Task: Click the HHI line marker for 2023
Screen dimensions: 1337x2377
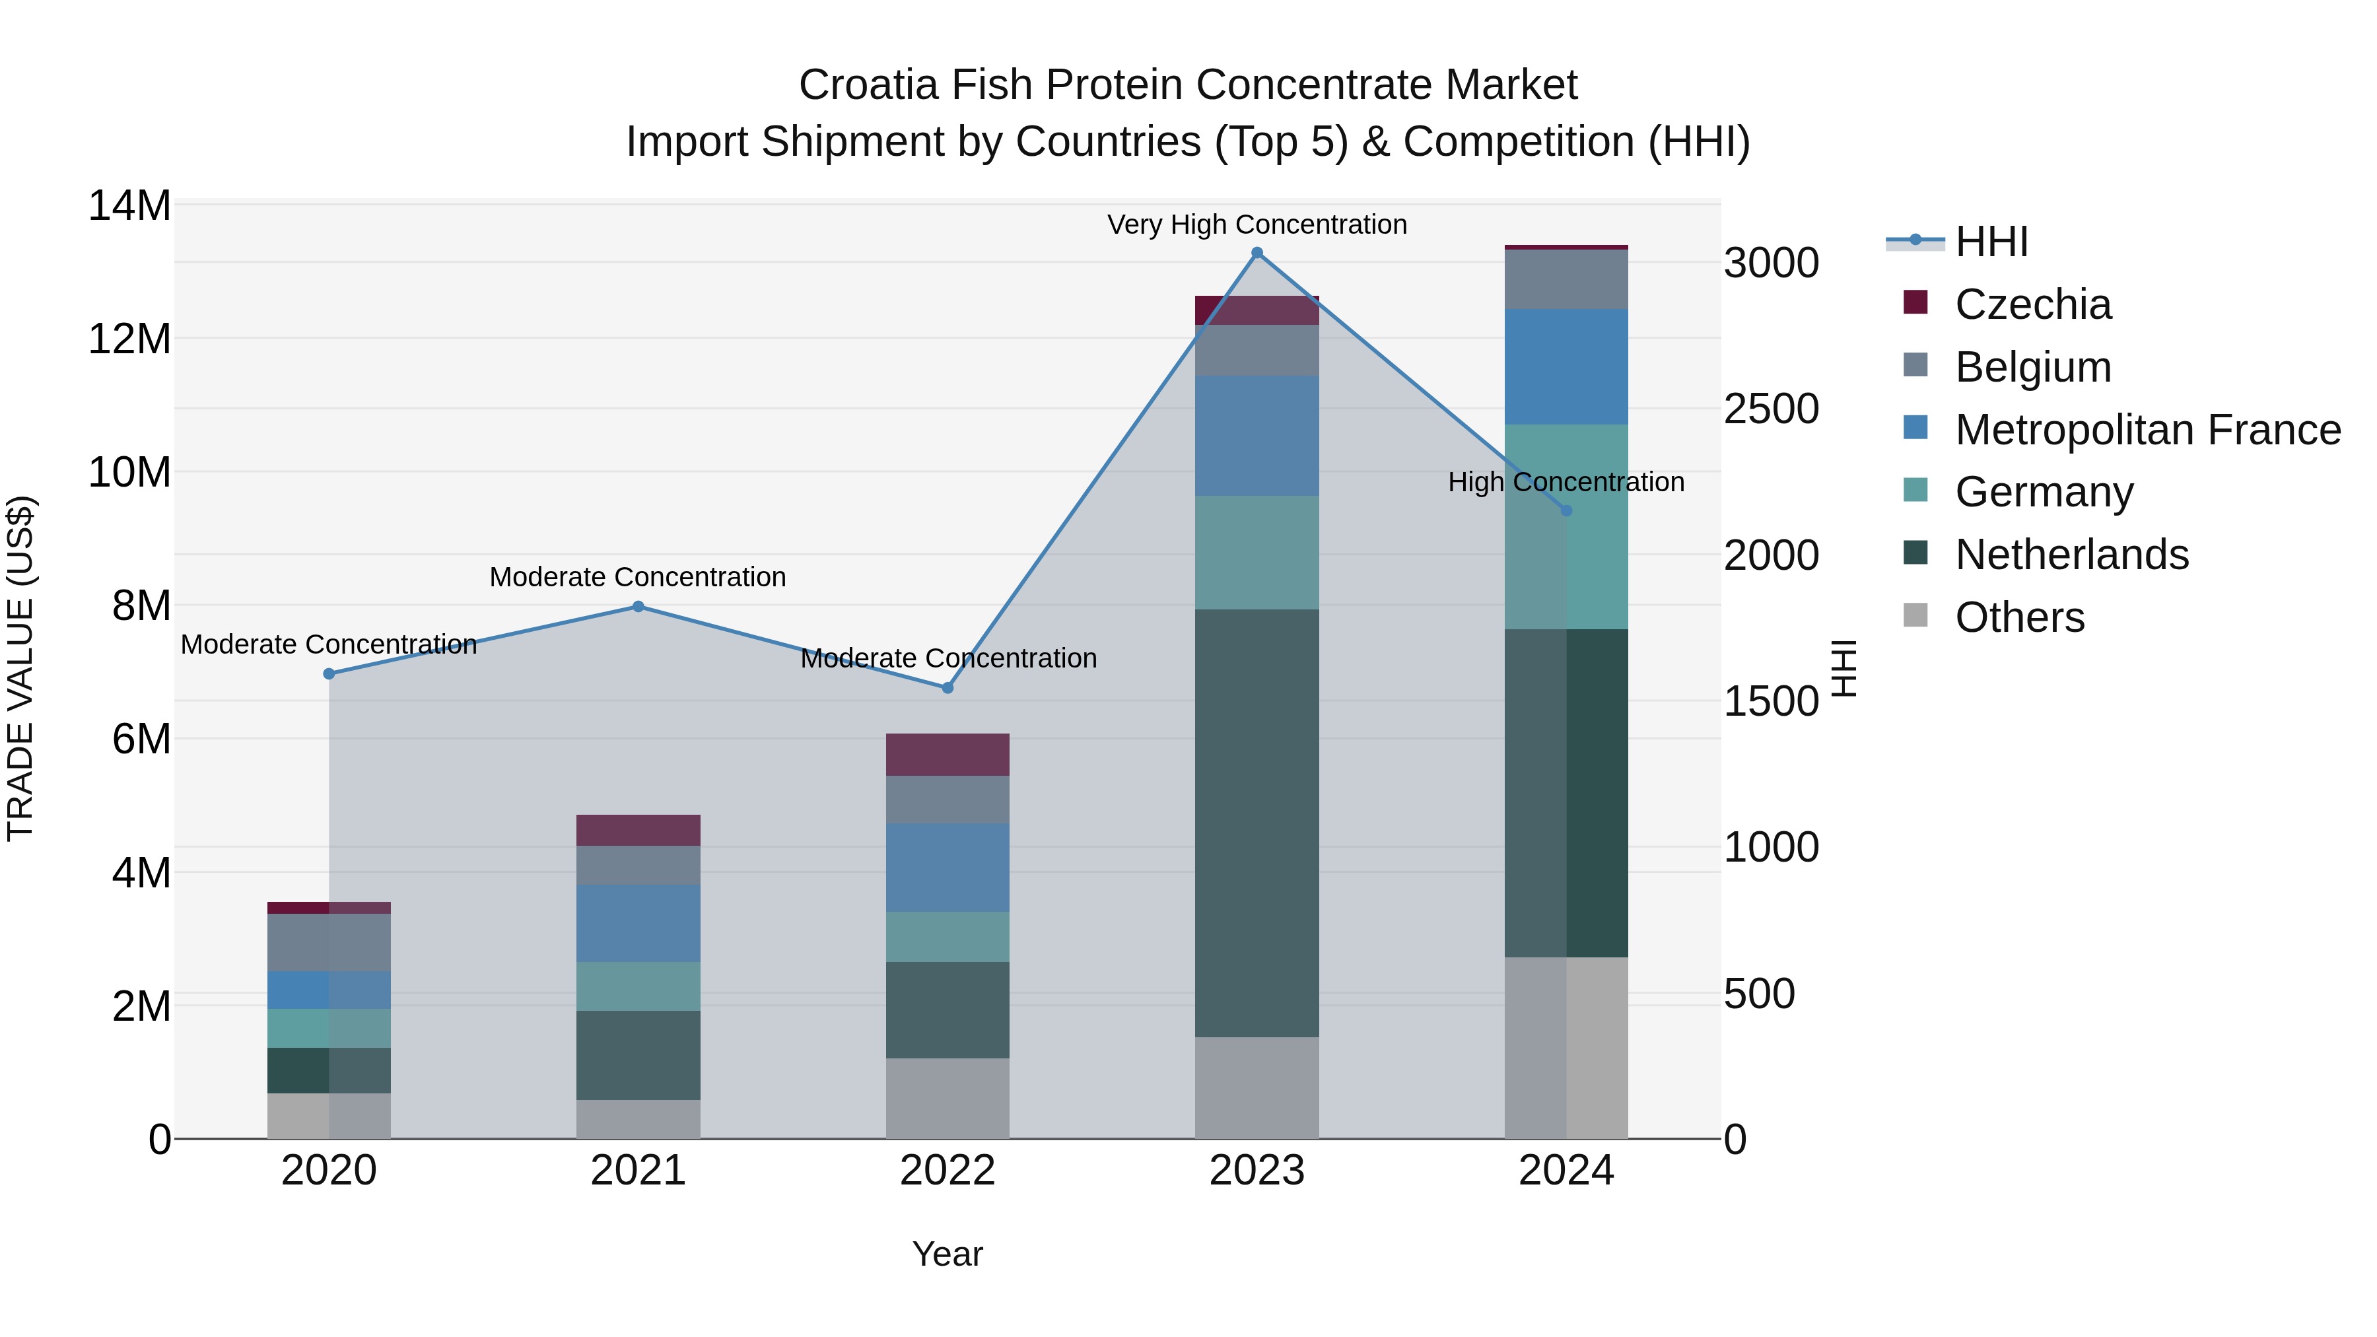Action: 1257,253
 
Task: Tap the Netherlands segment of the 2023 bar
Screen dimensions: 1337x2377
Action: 1257,823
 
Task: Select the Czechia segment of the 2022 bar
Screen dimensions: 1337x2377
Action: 947,755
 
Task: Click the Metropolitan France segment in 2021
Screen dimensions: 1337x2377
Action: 638,924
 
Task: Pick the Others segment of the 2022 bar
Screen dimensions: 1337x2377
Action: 947,1098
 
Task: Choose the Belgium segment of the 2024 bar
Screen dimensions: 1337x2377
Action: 1566,279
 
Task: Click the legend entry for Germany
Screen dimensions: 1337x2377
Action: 2044,492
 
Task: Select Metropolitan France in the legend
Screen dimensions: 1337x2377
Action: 2147,430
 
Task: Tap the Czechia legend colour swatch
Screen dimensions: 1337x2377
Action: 1915,302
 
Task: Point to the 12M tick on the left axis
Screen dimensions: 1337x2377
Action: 129,339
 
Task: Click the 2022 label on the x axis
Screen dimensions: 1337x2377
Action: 947,1171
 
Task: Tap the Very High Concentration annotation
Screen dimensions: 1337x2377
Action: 1257,225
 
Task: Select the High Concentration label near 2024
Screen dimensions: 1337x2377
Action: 1566,483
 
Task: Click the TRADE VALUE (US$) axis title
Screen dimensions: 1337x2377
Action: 20,668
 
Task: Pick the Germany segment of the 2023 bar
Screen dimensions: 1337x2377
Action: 1257,553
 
